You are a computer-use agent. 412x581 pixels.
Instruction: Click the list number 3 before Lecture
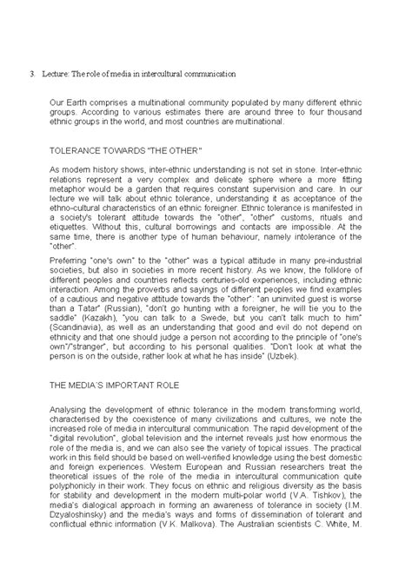coord(32,74)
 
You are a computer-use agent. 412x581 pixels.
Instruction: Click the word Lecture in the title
coord(58,74)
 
